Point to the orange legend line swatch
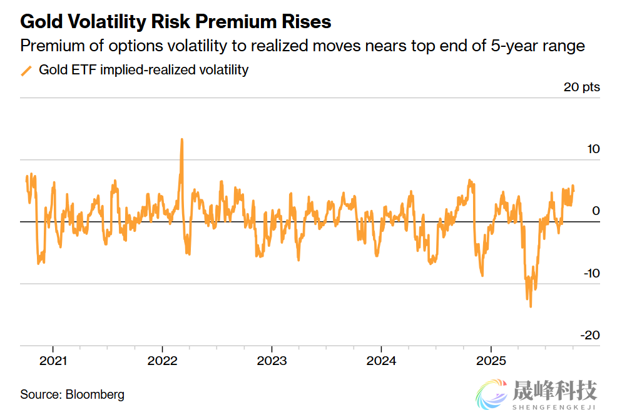coord(26,70)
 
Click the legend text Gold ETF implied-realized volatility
coord(143,70)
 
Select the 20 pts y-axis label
coord(581,87)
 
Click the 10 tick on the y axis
coord(593,149)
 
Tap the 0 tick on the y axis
coord(596,211)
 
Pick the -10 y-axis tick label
coord(590,273)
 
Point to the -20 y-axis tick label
coord(590,335)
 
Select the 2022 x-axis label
coord(162,361)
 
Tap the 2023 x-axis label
coord(272,361)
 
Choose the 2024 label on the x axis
coord(381,361)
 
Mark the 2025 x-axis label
coord(491,361)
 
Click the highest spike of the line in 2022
coord(181,140)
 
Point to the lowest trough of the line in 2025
coord(531,306)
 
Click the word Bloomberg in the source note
coord(95,394)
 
